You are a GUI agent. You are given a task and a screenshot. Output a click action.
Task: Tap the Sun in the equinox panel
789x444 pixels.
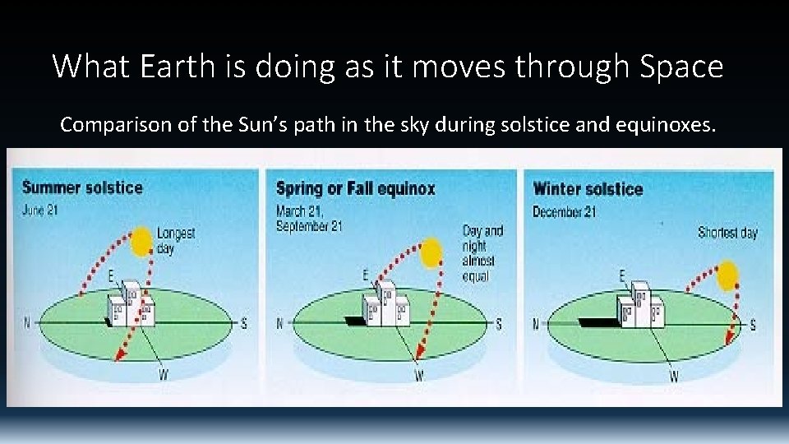pyautogui.click(x=427, y=254)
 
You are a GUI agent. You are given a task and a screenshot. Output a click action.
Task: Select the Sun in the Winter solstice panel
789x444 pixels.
pyautogui.click(x=727, y=275)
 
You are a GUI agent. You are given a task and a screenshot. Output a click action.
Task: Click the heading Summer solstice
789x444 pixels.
pyautogui.click(x=82, y=187)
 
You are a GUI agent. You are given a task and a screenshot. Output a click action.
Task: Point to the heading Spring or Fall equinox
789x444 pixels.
pyautogui.click(x=355, y=188)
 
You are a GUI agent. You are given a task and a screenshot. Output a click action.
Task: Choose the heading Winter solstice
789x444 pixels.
pyautogui.click(x=588, y=188)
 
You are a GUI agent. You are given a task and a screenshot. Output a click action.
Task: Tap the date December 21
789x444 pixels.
pyautogui.click(x=565, y=211)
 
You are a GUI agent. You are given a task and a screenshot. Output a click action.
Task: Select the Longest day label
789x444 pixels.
pyautogui.click(x=176, y=240)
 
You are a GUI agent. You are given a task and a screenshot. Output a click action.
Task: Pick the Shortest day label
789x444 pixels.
pyautogui.click(x=727, y=233)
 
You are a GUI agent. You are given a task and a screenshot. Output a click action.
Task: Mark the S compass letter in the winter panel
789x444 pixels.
pyautogui.click(x=753, y=325)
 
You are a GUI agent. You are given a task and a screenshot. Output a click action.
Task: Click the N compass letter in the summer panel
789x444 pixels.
pyautogui.click(x=26, y=322)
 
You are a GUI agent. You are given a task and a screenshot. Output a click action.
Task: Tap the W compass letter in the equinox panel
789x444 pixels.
pyautogui.click(x=418, y=377)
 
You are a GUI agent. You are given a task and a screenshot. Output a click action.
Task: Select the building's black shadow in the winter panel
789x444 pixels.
pyautogui.click(x=598, y=321)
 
